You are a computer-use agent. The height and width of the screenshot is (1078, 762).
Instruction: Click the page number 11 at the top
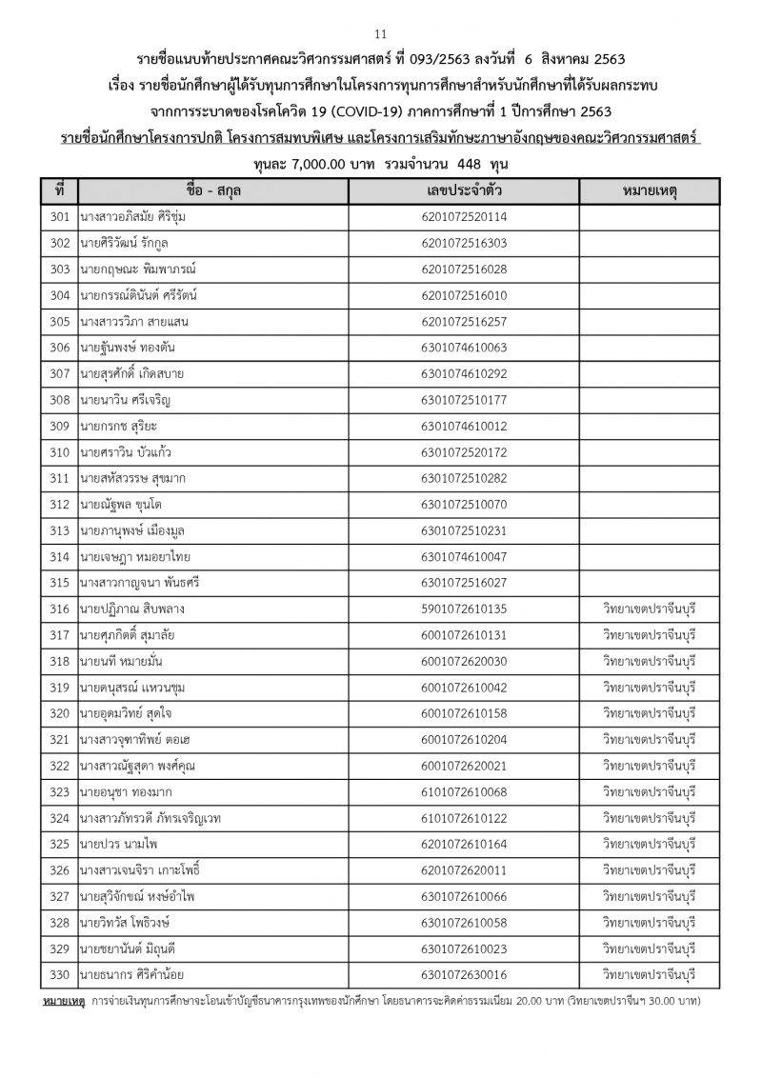(381, 13)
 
